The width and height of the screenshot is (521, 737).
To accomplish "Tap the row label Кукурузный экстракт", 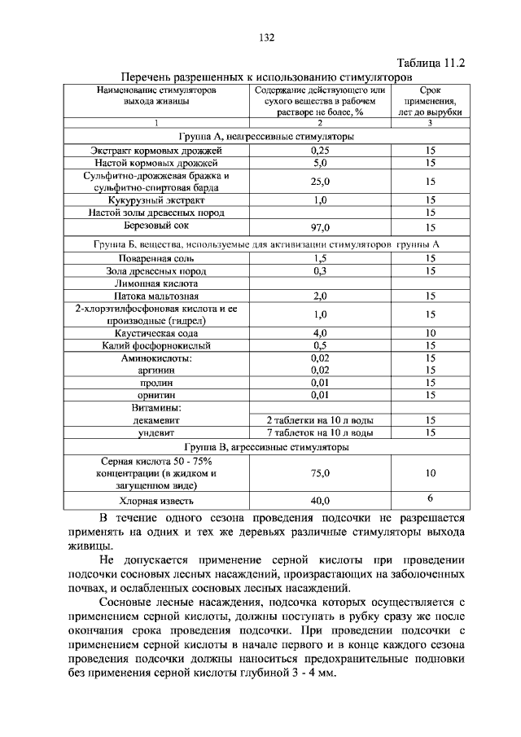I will pyautogui.click(x=157, y=200).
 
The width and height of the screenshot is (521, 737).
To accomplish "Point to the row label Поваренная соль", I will pyautogui.click(x=157, y=258).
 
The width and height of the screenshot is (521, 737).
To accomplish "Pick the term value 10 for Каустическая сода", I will pyautogui.click(x=431, y=333).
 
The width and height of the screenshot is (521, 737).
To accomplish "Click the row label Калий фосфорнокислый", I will pyautogui.click(x=157, y=345).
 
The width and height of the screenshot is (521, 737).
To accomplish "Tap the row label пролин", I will pyautogui.click(x=157, y=383).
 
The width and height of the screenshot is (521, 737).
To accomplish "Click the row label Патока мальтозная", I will pyautogui.click(x=157, y=296).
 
